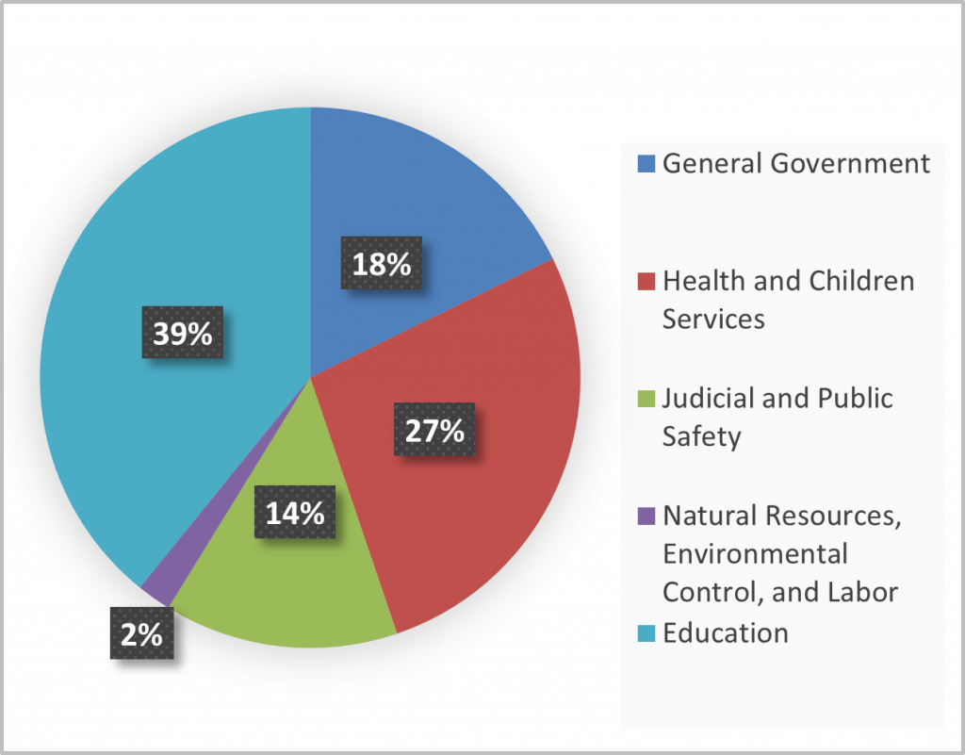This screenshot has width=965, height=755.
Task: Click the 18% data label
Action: click(x=382, y=265)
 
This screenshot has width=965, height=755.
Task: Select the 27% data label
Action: click(x=434, y=431)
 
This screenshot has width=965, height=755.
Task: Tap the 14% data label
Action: click(x=294, y=513)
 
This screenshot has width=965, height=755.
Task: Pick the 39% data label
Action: click(x=183, y=333)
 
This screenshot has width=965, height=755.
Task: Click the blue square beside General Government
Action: click(x=646, y=164)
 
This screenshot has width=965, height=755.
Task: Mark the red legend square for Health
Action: click(x=646, y=281)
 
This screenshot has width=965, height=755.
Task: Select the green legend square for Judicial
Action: click(x=646, y=399)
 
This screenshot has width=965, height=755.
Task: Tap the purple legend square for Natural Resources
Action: click(x=646, y=516)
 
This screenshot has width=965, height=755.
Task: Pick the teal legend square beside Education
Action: click(x=646, y=632)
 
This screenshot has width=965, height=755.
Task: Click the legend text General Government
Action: click(x=796, y=164)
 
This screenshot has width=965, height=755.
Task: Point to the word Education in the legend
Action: click(x=726, y=632)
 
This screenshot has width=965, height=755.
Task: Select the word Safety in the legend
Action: click(x=702, y=437)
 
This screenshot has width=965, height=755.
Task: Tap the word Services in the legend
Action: click(x=713, y=320)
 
